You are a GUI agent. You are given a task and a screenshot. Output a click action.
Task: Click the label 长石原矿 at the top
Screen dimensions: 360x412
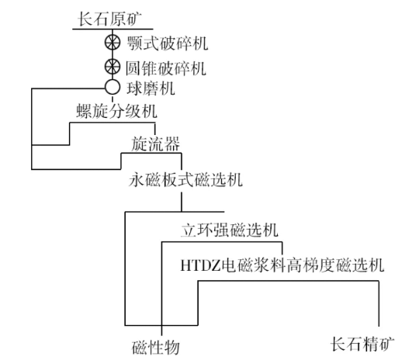click(x=113, y=17)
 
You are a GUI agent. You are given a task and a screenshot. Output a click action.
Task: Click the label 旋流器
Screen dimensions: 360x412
click(x=154, y=143)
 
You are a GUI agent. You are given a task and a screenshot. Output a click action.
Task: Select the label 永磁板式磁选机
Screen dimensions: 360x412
click(x=186, y=181)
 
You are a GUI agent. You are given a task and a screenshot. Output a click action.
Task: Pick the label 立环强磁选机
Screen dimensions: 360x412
click(x=230, y=230)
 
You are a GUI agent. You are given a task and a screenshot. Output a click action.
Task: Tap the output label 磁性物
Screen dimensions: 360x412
click(x=160, y=342)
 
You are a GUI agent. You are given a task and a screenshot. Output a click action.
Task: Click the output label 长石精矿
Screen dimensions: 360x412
click(x=362, y=342)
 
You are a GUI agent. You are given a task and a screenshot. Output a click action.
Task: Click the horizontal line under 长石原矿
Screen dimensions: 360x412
click(x=113, y=29)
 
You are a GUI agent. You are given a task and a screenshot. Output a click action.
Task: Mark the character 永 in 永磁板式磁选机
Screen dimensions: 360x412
click(x=137, y=181)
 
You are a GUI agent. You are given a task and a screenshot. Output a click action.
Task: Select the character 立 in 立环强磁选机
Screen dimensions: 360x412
click(x=187, y=230)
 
